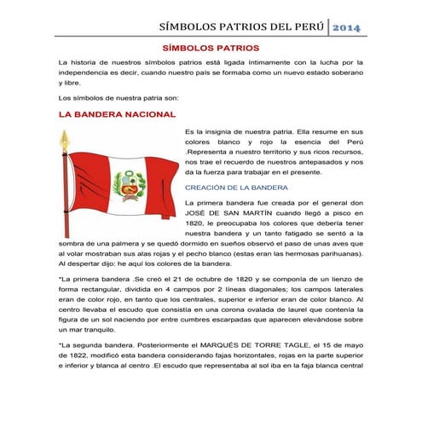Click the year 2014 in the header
pos(346,30)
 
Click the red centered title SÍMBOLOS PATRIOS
pos(211,48)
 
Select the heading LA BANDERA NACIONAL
pos(117,113)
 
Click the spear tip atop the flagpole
pos(61,137)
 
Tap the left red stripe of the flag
pos(85,179)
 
